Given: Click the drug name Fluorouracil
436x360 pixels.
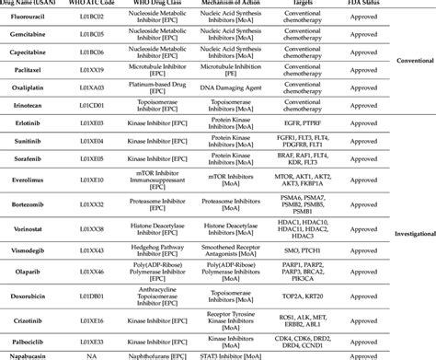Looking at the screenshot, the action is point(29,17).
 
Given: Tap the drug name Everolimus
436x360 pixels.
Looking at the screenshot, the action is point(27,181).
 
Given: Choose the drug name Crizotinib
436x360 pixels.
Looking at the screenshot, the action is point(27,316).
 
